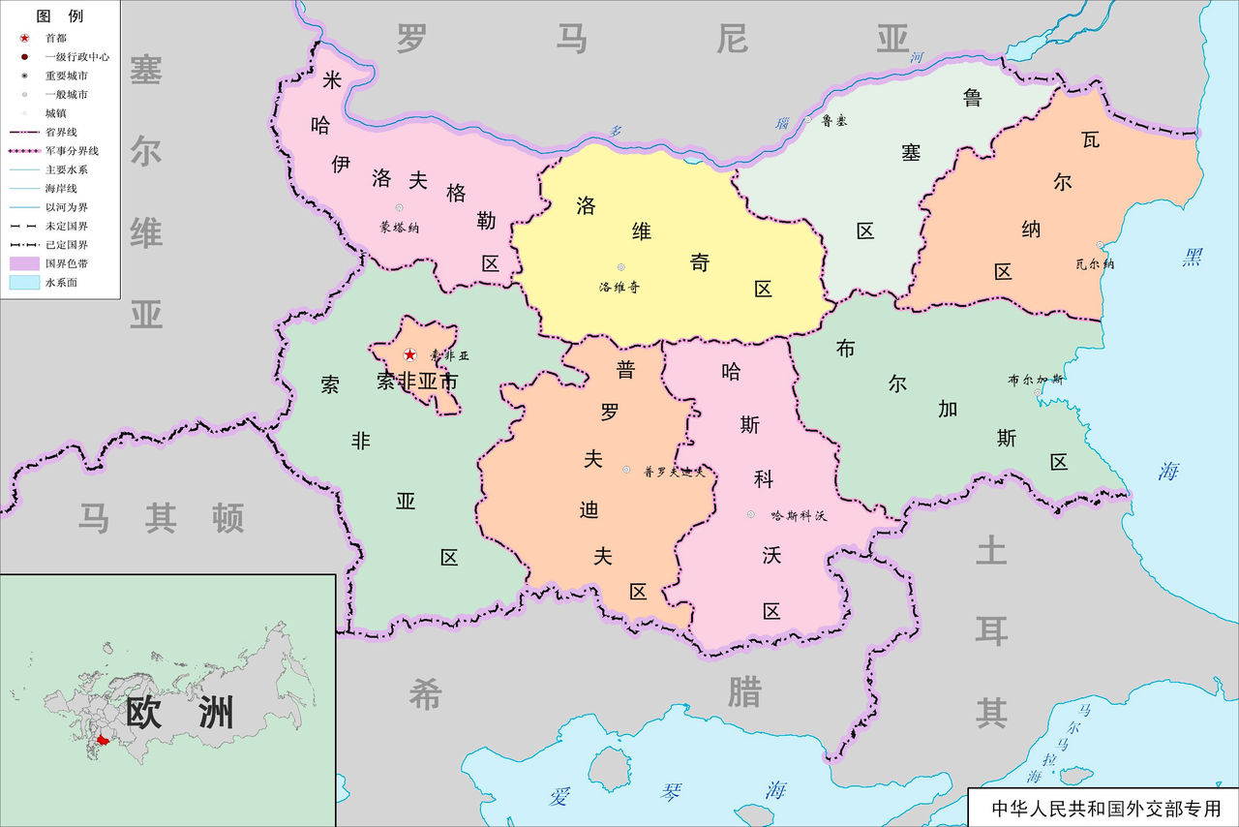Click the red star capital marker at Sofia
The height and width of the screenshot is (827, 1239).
[409, 355]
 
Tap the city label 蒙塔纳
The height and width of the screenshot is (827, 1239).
[400, 229]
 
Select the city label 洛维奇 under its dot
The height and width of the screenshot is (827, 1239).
[619, 287]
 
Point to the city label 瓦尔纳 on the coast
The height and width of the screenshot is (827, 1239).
[1095, 263]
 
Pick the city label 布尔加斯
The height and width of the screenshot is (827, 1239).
[1035, 380]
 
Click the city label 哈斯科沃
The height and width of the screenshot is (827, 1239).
[799, 515]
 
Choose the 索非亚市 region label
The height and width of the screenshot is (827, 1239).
[416, 382]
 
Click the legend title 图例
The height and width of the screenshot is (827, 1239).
[59, 16]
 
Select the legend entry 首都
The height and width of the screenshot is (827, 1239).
[56, 38]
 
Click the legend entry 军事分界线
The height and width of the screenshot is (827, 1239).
[72, 151]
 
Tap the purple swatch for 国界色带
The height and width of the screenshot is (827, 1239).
[22, 263]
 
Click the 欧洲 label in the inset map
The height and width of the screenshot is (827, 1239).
[180, 713]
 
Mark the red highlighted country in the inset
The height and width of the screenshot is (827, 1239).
[103, 740]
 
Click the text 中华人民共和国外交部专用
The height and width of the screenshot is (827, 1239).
[1100, 808]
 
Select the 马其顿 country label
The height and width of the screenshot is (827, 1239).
[161, 518]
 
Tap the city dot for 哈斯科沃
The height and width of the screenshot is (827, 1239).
[750, 514]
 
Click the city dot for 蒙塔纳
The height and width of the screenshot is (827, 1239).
[399, 208]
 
